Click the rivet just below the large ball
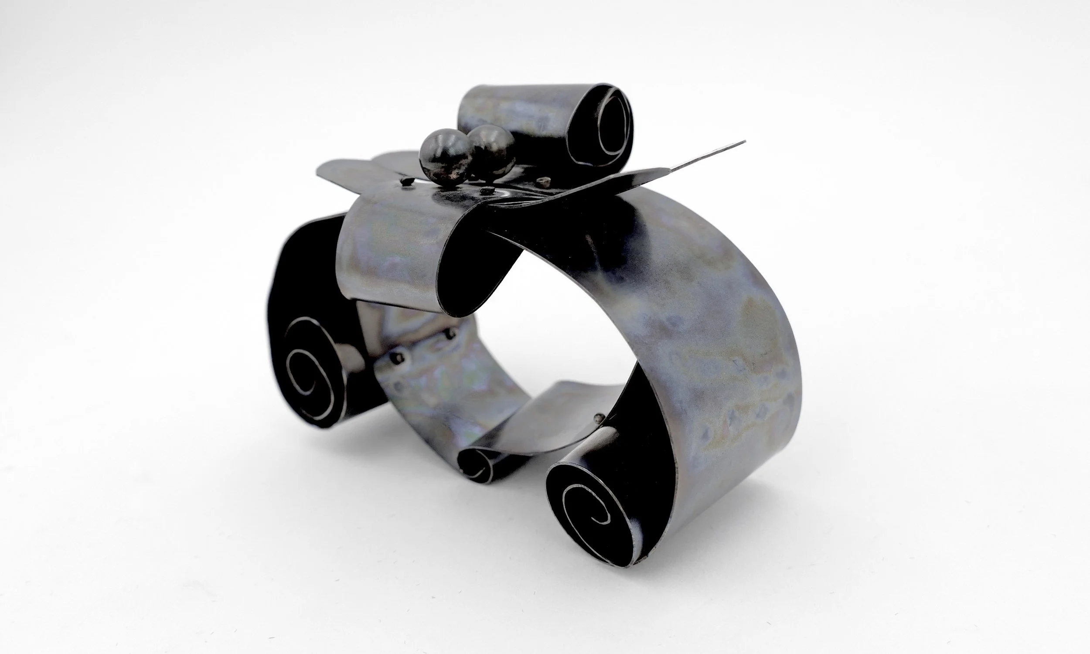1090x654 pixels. [x=487, y=191]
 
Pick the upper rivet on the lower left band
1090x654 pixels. [x=450, y=335]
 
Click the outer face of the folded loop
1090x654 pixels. [x=388, y=255]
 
